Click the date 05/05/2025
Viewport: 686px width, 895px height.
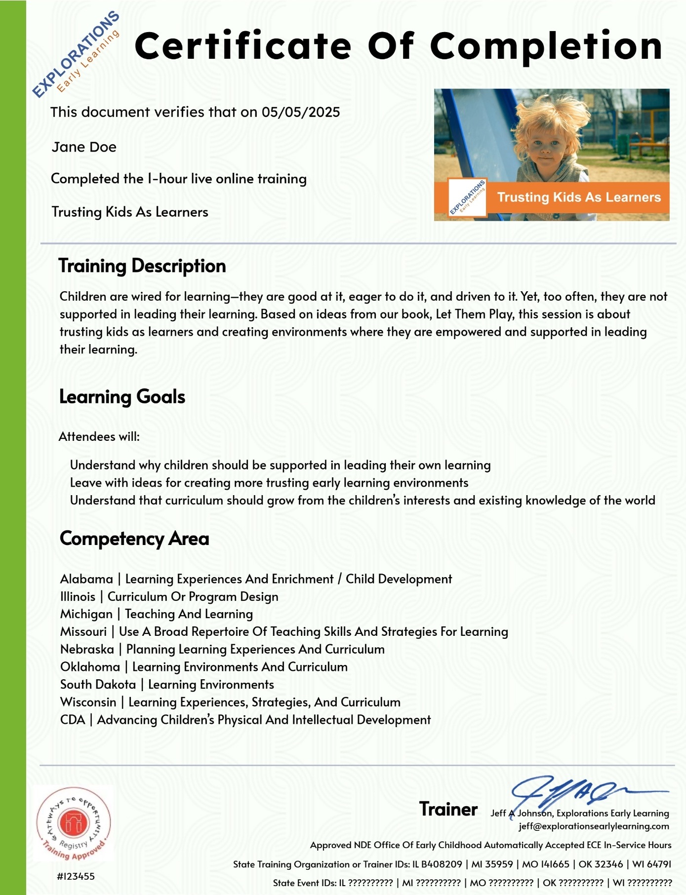pyautogui.click(x=300, y=112)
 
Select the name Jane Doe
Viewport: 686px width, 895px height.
pyautogui.click(x=84, y=147)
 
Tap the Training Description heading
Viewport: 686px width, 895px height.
pyautogui.click(x=142, y=266)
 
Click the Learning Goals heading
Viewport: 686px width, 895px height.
pyautogui.click(x=122, y=397)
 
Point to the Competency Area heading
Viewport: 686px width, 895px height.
pyautogui.click(x=134, y=539)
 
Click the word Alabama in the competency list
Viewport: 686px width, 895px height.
pyautogui.click(x=86, y=579)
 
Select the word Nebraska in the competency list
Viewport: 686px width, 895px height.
pyautogui.click(x=87, y=649)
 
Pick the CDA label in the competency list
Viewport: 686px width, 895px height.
pyautogui.click(x=73, y=720)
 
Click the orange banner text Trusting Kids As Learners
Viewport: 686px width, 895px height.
pyautogui.click(x=578, y=197)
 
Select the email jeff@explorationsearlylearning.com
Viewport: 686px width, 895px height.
pyautogui.click(x=594, y=826)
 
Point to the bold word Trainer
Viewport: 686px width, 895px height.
pyautogui.click(x=448, y=809)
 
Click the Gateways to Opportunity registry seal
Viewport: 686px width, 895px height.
pyautogui.click(x=74, y=823)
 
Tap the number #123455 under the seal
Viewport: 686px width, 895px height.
pyautogui.click(x=76, y=876)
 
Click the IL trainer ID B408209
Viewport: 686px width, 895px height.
pyautogui.click(x=441, y=864)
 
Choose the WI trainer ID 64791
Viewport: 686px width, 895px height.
pyautogui.click(x=659, y=864)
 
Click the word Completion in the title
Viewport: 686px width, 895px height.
pyautogui.click(x=546, y=46)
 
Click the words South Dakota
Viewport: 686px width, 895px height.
pyautogui.click(x=98, y=685)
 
